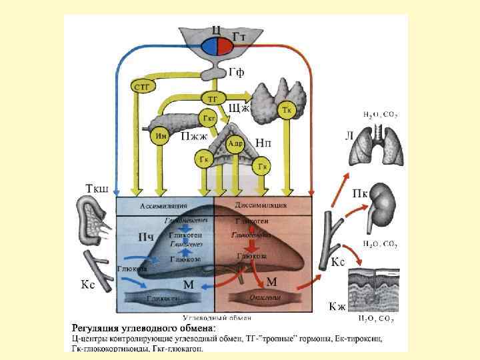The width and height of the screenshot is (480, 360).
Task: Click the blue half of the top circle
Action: point(207,46)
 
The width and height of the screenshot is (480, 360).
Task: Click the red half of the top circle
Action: point(223,46)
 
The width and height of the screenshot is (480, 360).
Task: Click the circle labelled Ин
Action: point(160,136)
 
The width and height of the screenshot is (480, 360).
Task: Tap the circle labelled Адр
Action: point(234,143)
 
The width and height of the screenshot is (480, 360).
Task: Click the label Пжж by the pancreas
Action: point(194,136)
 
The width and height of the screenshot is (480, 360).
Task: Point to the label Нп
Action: point(263,143)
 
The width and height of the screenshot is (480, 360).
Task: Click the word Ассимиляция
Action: point(163,205)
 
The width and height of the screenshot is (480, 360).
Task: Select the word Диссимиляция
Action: point(261,205)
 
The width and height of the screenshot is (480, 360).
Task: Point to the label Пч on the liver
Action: point(146,237)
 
